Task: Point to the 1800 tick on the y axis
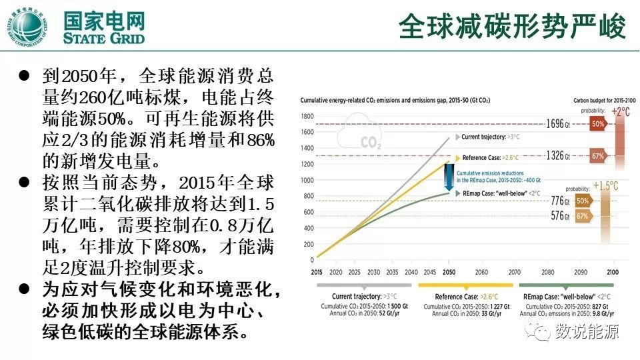tap(307, 116)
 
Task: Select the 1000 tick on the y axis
tap(307, 180)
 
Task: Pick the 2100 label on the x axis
tap(613, 273)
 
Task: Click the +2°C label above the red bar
tap(620, 112)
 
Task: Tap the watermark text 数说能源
tap(587, 331)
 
